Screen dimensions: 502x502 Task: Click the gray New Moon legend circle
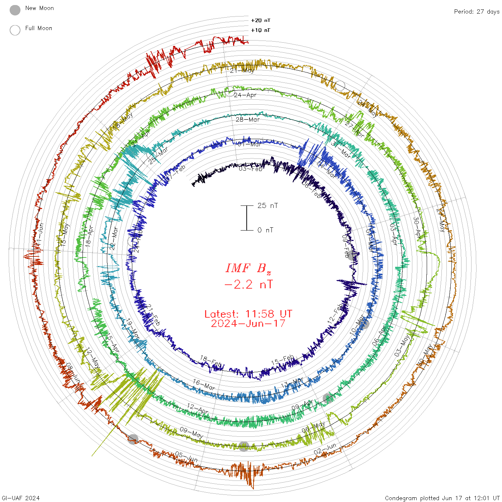[x=15, y=10]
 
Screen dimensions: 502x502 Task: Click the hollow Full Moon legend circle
[x=15, y=30]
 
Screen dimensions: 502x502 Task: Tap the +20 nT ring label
[x=261, y=20]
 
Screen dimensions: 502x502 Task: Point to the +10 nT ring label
[x=261, y=30]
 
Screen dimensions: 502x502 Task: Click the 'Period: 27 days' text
[x=477, y=11]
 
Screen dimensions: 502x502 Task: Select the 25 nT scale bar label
[x=267, y=205]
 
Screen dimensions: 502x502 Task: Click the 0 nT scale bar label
[x=265, y=230]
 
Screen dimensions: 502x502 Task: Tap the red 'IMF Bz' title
[x=248, y=268]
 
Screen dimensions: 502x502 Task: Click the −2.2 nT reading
[x=248, y=284]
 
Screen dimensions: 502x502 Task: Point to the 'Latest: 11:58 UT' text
[x=248, y=314]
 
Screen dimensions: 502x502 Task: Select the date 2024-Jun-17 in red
[x=248, y=323]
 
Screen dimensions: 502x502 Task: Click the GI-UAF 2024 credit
[x=20, y=498]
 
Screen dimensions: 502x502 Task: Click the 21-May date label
[x=242, y=70]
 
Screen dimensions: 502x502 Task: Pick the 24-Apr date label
[x=245, y=95]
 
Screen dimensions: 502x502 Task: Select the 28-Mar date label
[x=247, y=119]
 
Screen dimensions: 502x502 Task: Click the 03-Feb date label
[x=251, y=169]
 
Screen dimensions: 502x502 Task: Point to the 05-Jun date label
[x=186, y=456]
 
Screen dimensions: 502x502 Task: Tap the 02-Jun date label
[x=325, y=449]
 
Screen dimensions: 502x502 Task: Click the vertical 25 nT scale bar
[x=247, y=218]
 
